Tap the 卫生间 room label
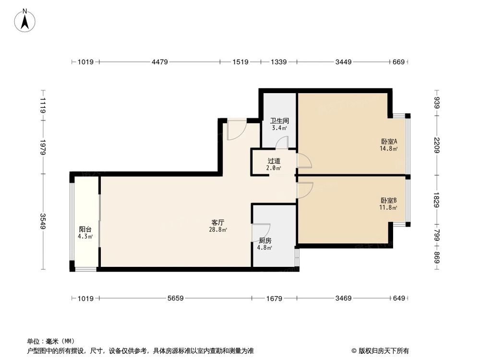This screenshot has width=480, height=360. pyautogui.click(x=279, y=121)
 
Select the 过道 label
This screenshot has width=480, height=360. pyautogui.click(x=274, y=161)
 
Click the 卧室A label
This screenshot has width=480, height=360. pyautogui.click(x=389, y=142)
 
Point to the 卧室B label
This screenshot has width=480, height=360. pyautogui.click(x=389, y=200)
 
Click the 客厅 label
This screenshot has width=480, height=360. pyautogui.click(x=218, y=223)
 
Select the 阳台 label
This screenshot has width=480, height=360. pyautogui.click(x=85, y=229)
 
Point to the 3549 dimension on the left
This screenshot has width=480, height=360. pyautogui.click(x=43, y=222)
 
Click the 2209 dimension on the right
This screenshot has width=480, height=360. pyautogui.click(x=436, y=144)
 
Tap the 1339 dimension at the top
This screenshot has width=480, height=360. pyautogui.click(x=278, y=62)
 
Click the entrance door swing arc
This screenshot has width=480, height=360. pyautogui.click(x=236, y=130)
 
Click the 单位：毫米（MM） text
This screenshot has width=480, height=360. pyautogui.click(x=47, y=341)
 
